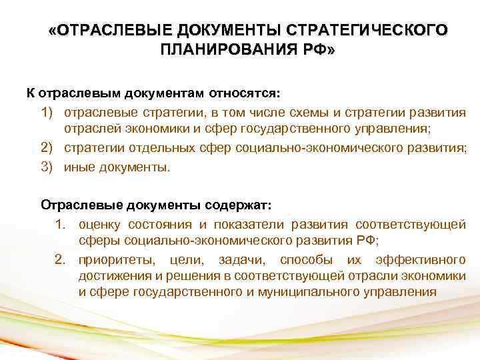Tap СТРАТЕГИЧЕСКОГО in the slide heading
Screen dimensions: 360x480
367,32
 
